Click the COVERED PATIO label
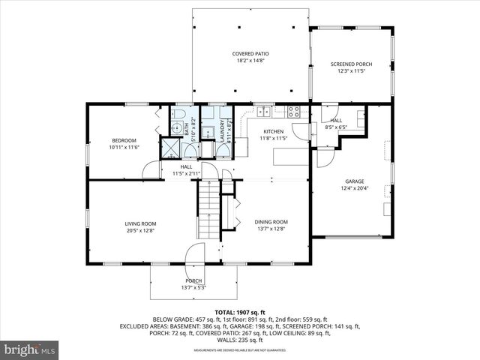click(250, 54)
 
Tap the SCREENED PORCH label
click(351, 64)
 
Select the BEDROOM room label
click(124, 140)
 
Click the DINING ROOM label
click(271, 222)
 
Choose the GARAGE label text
click(354, 181)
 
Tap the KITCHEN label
click(274, 131)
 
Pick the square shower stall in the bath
click(171, 148)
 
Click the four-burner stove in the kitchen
click(294, 112)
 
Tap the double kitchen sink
click(264, 112)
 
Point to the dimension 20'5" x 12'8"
click(140, 231)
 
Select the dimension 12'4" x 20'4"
click(354, 189)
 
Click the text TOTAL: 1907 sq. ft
click(239, 312)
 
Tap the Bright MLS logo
click(30, 350)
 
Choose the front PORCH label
click(194, 280)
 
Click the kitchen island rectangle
click(292, 157)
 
